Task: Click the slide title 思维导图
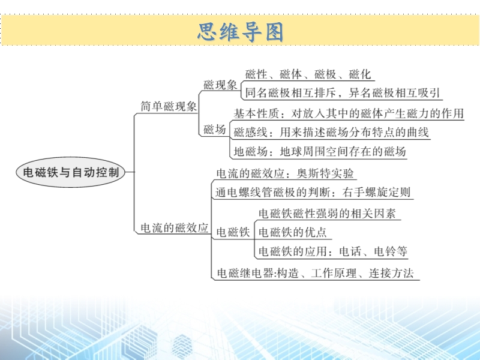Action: click(241, 32)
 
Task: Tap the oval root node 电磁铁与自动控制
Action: click(71, 172)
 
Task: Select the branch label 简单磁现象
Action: click(169, 106)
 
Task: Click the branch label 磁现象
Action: click(220, 85)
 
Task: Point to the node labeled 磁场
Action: click(215, 129)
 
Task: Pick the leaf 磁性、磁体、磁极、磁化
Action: click(308, 74)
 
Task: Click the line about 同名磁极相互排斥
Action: click(343, 92)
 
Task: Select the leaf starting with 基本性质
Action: click(349, 113)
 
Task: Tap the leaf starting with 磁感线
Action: click(331, 132)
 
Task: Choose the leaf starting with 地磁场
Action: click(320, 151)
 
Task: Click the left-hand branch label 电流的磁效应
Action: click(175, 228)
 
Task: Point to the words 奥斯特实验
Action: click(325, 173)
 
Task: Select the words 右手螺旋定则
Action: click(376, 192)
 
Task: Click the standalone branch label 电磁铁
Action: click(233, 232)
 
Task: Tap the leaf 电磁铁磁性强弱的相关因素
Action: click(327, 214)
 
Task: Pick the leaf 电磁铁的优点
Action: click(293, 232)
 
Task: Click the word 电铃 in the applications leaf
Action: click(385, 251)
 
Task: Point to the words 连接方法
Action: click(391, 273)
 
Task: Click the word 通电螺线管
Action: click(244, 192)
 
